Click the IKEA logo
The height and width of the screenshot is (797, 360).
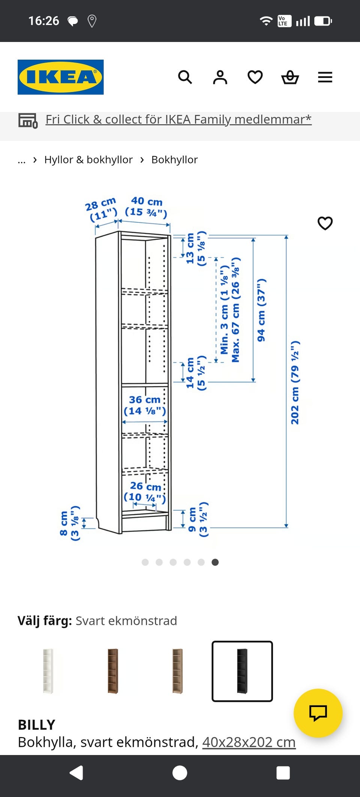click(60, 77)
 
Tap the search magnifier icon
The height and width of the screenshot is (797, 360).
click(185, 77)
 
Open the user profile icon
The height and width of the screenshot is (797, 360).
click(220, 77)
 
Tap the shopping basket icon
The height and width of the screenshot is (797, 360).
click(290, 77)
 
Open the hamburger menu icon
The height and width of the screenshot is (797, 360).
click(325, 77)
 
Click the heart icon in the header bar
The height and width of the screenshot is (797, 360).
click(255, 77)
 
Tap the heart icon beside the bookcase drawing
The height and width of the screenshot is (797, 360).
click(325, 223)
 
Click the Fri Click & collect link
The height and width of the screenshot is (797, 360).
click(178, 119)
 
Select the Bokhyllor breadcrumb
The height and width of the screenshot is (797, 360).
click(174, 160)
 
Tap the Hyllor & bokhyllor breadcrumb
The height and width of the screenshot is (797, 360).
click(88, 160)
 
